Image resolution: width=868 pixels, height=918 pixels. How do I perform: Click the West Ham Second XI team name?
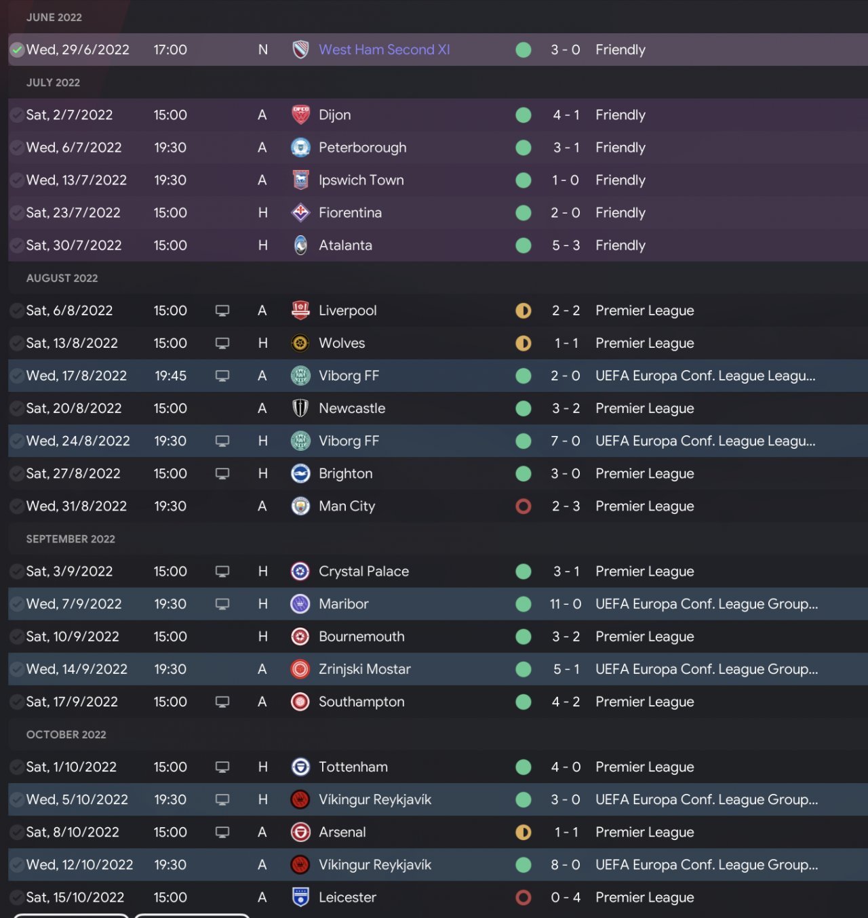pyautogui.click(x=384, y=49)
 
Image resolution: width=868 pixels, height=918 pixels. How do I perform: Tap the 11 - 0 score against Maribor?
pyautogui.click(x=565, y=603)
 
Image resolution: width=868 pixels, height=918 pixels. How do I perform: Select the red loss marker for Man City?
pyautogui.click(x=523, y=506)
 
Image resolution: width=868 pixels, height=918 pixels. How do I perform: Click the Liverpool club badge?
pyautogui.click(x=300, y=311)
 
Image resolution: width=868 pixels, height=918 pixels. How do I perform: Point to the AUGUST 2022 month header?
pyautogui.click(x=62, y=278)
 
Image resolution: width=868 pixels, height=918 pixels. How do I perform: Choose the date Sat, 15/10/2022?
pyautogui.click(x=75, y=897)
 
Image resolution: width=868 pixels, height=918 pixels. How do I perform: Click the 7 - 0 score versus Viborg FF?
pyautogui.click(x=565, y=441)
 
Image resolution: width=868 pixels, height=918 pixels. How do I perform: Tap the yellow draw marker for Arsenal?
pyautogui.click(x=523, y=832)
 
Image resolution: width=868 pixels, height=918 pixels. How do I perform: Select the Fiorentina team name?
pyautogui.click(x=350, y=213)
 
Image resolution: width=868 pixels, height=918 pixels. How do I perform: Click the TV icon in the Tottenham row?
pyautogui.click(x=222, y=767)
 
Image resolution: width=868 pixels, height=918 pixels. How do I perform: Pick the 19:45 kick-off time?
pyautogui.click(x=170, y=376)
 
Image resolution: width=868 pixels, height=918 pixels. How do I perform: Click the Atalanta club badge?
pyautogui.click(x=300, y=245)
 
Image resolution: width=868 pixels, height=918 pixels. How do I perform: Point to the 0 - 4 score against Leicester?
pyautogui.click(x=565, y=897)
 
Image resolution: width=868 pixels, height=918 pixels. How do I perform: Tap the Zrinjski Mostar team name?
pyautogui.click(x=364, y=669)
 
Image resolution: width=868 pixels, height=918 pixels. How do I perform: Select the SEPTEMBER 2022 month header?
pyautogui.click(x=71, y=539)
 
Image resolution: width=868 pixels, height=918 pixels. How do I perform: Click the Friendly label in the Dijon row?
pyautogui.click(x=620, y=115)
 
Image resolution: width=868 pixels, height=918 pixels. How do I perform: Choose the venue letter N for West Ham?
pyautogui.click(x=262, y=49)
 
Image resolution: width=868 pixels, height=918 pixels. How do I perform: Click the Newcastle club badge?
pyautogui.click(x=300, y=408)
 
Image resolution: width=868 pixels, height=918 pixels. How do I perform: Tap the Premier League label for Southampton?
pyautogui.click(x=644, y=702)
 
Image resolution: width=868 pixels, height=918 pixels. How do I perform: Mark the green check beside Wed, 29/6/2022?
pyautogui.click(x=18, y=49)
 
